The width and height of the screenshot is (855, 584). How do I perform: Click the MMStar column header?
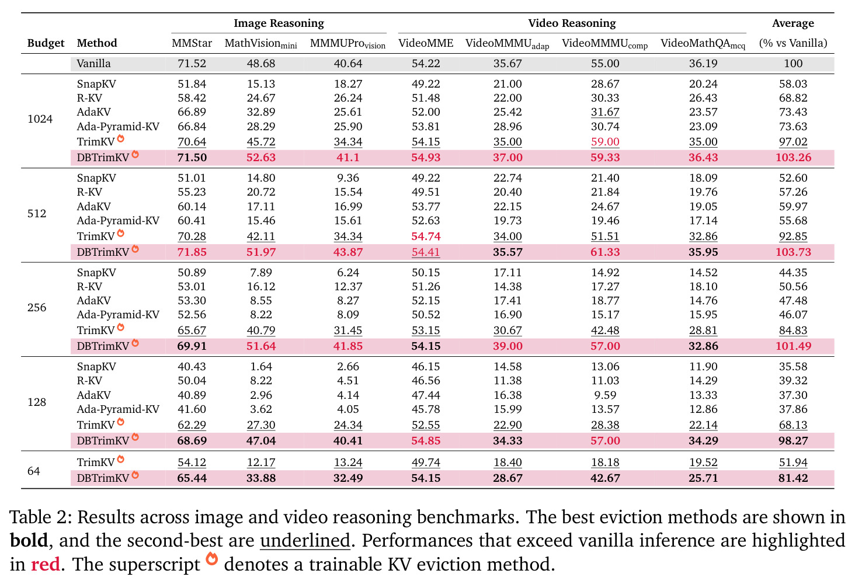[x=192, y=43]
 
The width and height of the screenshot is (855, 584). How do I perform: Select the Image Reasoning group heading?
[x=279, y=23]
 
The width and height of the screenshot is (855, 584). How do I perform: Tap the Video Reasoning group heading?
[x=572, y=23]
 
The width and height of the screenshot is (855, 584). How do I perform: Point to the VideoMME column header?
[x=426, y=43]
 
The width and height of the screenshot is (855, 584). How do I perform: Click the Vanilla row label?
[x=93, y=63]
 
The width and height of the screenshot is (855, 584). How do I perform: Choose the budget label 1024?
[x=40, y=119]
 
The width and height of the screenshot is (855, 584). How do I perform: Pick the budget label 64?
[x=34, y=471]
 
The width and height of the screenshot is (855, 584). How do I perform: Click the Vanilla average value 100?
[x=793, y=63]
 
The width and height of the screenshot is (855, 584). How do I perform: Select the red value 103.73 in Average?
[x=793, y=252]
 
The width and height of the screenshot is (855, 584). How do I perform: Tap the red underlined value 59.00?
[x=605, y=142]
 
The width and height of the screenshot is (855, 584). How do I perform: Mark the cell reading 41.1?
[x=347, y=157]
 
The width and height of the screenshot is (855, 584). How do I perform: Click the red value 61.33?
[x=605, y=252]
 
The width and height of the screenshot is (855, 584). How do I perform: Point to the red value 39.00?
[x=508, y=346]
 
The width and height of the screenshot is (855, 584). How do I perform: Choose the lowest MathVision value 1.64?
[x=261, y=367]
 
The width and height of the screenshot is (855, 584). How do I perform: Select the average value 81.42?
[x=793, y=478]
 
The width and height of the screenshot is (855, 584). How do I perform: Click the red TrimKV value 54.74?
[x=426, y=237]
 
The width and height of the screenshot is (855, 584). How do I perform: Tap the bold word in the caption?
[x=29, y=540]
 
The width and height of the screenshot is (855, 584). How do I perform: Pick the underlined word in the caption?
[x=305, y=541]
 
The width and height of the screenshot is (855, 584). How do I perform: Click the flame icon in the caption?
[x=212, y=559]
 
